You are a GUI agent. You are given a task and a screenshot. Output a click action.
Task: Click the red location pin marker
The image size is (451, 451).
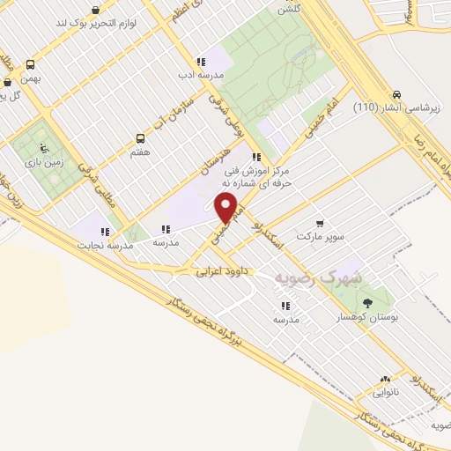(227, 209)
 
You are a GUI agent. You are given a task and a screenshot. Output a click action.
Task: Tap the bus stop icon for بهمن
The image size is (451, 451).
(31, 64)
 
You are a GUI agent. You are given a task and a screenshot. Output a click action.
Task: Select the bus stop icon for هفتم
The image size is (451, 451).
(140, 138)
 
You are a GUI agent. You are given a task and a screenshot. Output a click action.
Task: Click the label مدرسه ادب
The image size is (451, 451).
(202, 75)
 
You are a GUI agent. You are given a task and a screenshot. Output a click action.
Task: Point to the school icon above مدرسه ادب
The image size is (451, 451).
(201, 62)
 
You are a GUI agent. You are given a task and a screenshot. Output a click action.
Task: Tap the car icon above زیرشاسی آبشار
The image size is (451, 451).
(396, 94)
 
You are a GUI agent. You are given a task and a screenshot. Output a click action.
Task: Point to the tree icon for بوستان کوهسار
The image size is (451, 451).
(367, 303)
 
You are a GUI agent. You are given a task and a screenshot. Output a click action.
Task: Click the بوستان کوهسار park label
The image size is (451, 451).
(368, 315)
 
